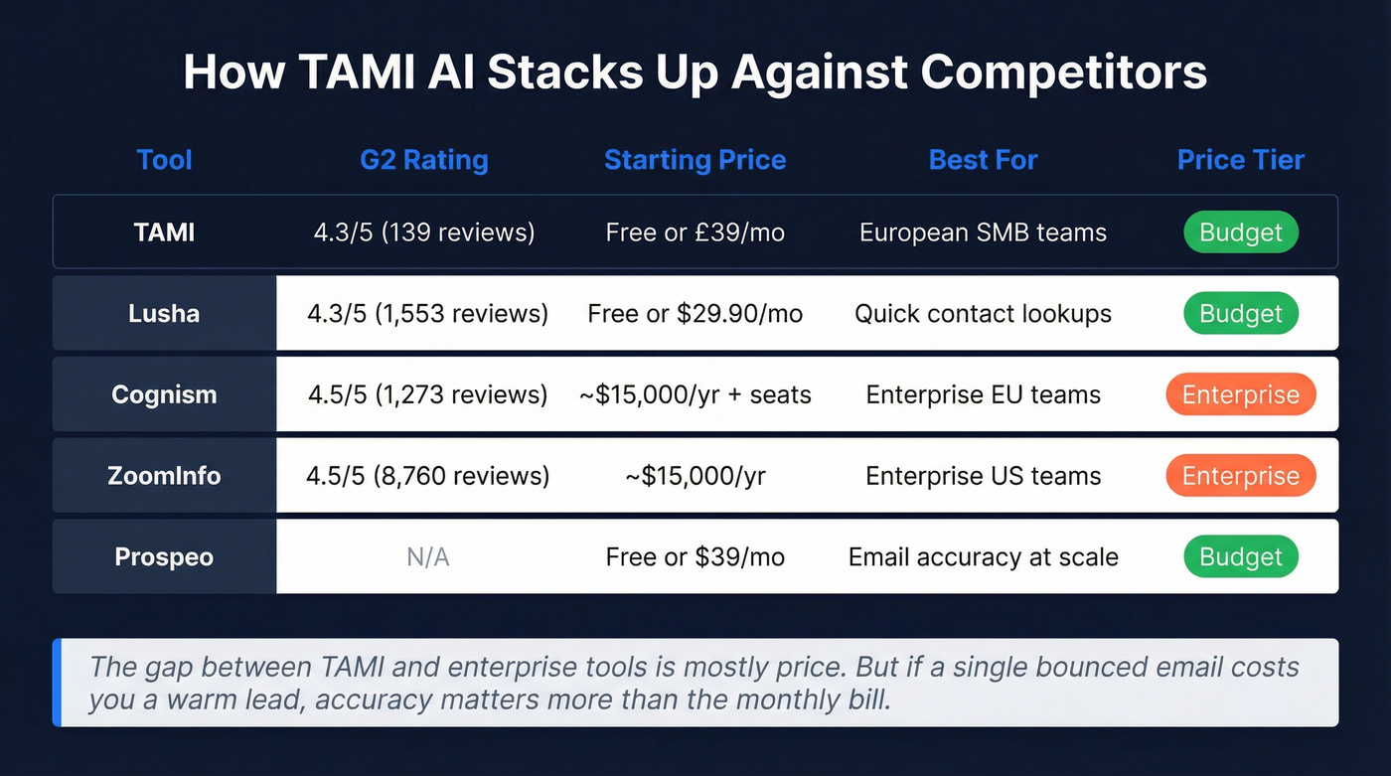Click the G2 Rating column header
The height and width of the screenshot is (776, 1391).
point(424,160)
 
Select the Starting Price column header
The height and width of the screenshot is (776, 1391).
point(695,160)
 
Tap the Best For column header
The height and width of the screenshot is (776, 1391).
point(983,160)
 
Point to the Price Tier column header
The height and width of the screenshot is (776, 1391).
point(1240,160)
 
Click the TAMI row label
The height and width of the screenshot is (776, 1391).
point(164,233)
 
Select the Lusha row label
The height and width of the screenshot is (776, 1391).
point(164,314)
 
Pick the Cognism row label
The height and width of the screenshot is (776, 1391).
point(164,394)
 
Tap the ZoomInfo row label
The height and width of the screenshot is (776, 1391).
point(164,476)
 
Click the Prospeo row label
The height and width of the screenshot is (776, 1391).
point(164,556)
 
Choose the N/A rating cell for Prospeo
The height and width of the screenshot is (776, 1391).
point(428,557)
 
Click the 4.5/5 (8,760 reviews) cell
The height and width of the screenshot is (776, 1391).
point(428,476)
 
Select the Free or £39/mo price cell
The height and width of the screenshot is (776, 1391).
point(695,233)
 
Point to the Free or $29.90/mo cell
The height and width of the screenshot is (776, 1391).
point(695,314)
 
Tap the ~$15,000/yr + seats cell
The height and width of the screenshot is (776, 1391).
point(695,394)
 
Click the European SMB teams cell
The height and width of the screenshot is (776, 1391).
point(983,233)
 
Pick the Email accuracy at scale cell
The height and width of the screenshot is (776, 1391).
point(983,557)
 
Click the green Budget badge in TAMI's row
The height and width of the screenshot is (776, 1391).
point(1240,233)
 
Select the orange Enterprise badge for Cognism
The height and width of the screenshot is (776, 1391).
point(1240,394)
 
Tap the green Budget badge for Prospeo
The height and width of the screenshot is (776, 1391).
point(1240,557)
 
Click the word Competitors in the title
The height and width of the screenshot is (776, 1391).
point(1063,73)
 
